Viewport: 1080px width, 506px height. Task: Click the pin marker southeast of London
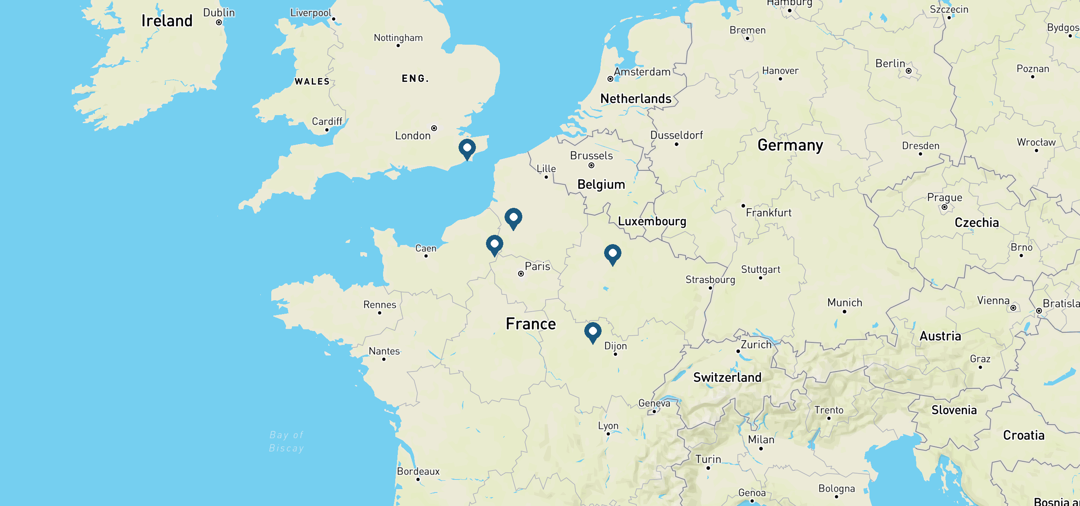click(x=467, y=148)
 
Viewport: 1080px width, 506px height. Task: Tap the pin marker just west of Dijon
click(x=593, y=331)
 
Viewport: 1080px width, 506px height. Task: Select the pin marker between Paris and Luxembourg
click(x=613, y=253)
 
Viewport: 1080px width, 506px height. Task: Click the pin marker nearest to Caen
click(x=494, y=244)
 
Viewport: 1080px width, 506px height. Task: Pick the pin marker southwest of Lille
click(x=513, y=218)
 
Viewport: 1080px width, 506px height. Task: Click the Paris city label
click(x=537, y=266)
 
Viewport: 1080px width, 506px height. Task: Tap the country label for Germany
click(x=790, y=145)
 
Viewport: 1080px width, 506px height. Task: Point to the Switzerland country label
click(x=727, y=377)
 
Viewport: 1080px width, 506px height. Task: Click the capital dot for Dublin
click(x=219, y=22)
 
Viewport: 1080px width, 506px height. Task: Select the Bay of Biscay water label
click(x=286, y=441)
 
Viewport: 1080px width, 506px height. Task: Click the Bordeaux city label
click(x=418, y=471)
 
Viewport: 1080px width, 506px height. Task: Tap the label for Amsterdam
click(x=642, y=72)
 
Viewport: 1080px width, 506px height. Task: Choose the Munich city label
click(x=845, y=302)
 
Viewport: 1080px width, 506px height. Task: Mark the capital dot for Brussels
click(x=591, y=165)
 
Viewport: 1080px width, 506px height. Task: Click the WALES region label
click(x=312, y=81)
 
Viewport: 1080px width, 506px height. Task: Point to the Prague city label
click(x=945, y=197)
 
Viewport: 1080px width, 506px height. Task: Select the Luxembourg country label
click(x=652, y=221)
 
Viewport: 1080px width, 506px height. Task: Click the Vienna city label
click(x=993, y=300)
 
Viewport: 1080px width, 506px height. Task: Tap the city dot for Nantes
click(x=384, y=359)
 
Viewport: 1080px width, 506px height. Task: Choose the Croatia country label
click(x=1023, y=435)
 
